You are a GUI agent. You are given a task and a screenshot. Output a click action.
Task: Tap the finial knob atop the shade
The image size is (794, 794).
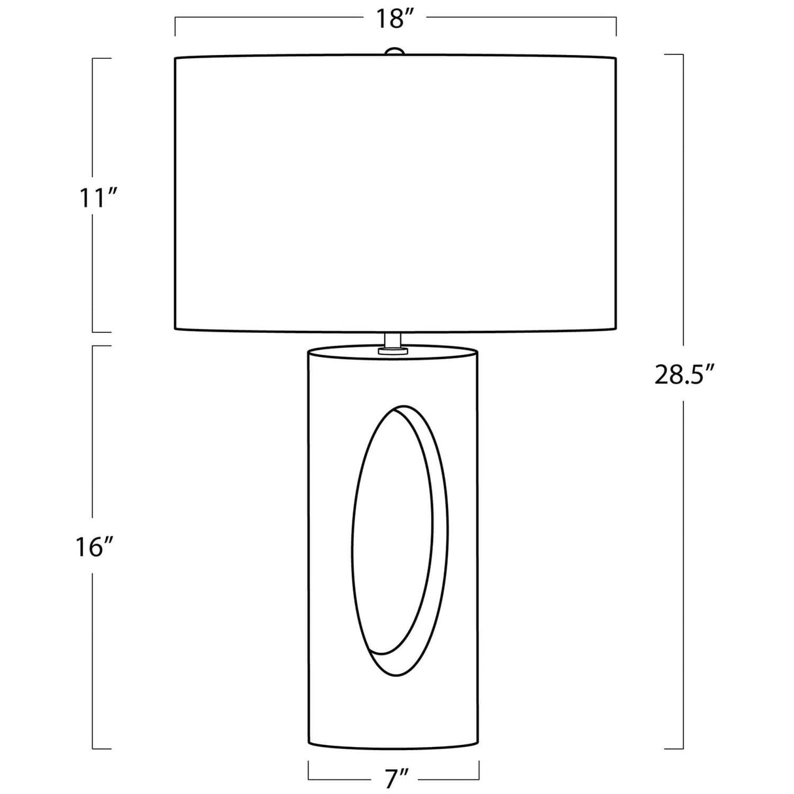pyautogui.click(x=394, y=51)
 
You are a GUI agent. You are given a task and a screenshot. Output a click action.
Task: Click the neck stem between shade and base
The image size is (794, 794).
pyautogui.click(x=394, y=340)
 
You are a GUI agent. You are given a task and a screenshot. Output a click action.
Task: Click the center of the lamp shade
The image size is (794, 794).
pyautogui.click(x=395, y=193)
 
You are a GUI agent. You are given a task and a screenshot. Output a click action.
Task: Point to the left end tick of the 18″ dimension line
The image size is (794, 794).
pyautogui.click(x=175, y=27)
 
